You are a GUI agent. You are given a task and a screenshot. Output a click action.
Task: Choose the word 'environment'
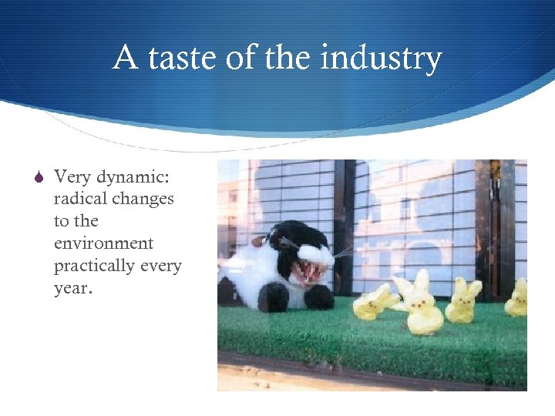click(x=103, y=243)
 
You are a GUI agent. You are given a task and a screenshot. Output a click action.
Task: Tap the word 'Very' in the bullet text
click(x=71, y=176)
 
